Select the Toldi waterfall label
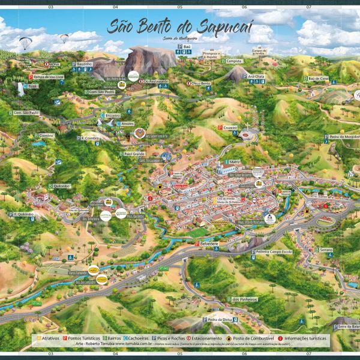click(x=31, y=86)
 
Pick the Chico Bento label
click(x=200, y=83)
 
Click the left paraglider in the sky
click(x=25, y=43)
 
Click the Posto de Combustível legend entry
click(x=248, y=338)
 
